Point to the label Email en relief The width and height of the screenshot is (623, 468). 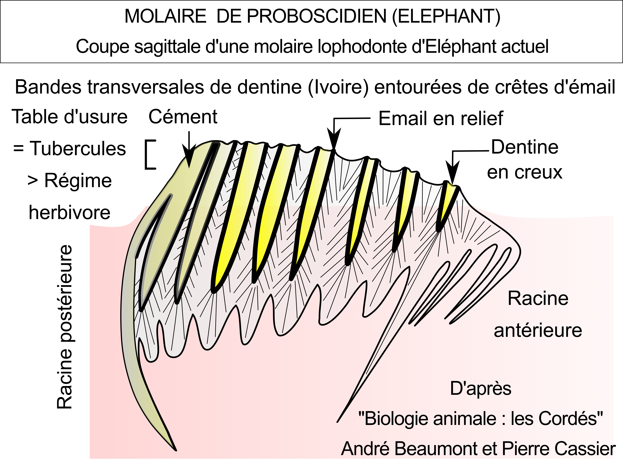click(440, 118)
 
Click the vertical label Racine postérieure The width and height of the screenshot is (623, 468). click(65, 327)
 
